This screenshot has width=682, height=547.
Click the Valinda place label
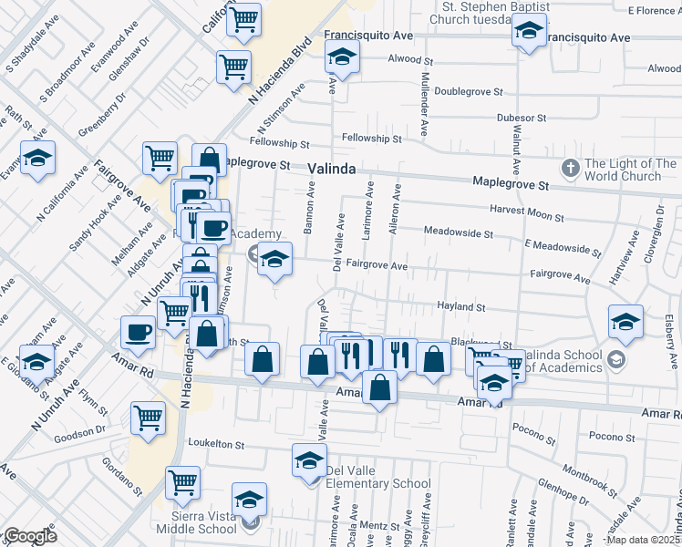330,169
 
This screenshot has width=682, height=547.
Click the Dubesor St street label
521,119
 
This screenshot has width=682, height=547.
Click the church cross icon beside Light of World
571,169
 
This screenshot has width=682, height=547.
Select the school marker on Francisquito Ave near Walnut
529,35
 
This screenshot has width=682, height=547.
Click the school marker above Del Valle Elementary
309,461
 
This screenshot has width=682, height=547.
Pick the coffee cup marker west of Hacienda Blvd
139,334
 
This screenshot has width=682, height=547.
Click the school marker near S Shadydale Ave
38,159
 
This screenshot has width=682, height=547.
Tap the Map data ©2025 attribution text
643,540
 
